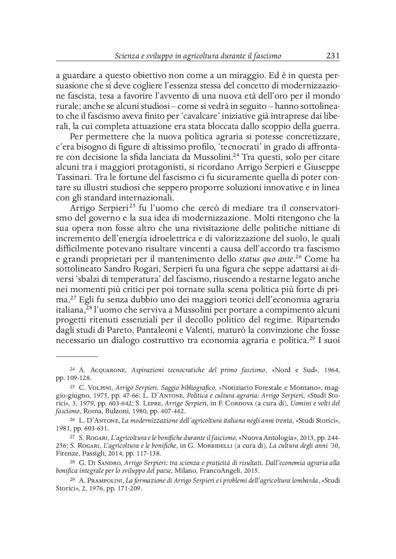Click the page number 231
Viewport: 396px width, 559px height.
click(332, 56)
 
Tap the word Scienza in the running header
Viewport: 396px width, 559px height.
click(127, 56)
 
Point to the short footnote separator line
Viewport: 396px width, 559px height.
click(77, 357)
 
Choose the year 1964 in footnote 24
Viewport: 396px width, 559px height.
click(332, 370)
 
